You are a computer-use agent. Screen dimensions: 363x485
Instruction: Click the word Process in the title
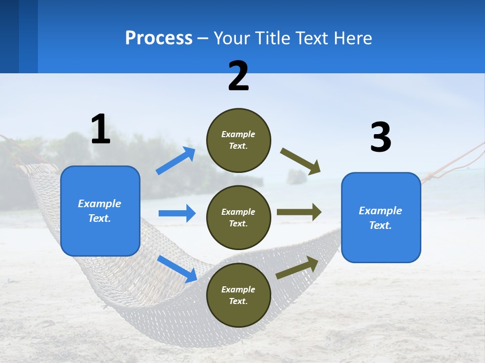pyautogui.click(x=159, y=38)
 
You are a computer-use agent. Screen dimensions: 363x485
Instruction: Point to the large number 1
pyautogui.click(x=101, y=130)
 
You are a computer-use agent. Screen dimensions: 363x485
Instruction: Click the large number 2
pyautogui.click(x=238, y=76)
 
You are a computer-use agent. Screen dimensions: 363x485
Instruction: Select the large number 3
pyautogui.click(x=380, y=138)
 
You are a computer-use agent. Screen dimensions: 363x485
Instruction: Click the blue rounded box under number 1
pyautogui.click(x=100, y=211)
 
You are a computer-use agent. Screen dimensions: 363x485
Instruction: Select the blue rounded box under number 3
pyautogui.click(x=381, y=218)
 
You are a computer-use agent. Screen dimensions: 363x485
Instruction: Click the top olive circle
pyautogui.click(x=238, y=140)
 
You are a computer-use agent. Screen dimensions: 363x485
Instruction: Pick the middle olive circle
pyautogui.click(x=238, y=217)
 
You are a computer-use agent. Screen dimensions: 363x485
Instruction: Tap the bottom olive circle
pyautogui.click(x=238, y=295)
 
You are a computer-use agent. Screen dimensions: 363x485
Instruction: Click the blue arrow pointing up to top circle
pyautogui.click(x=176, y=161)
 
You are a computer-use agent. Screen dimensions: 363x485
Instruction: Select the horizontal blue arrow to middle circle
pyautogui.click(x=177, y=213)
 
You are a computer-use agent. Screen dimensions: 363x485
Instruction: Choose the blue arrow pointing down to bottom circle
pyautogui.click(x=177, y=268)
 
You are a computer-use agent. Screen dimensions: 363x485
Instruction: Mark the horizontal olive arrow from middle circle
pyautogui.click(x=299, y=212)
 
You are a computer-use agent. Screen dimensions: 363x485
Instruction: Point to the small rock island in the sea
pyautogui.click(x=297, y=176)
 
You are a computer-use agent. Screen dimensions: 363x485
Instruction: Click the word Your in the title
pyautogui.click(x=232, y=38)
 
